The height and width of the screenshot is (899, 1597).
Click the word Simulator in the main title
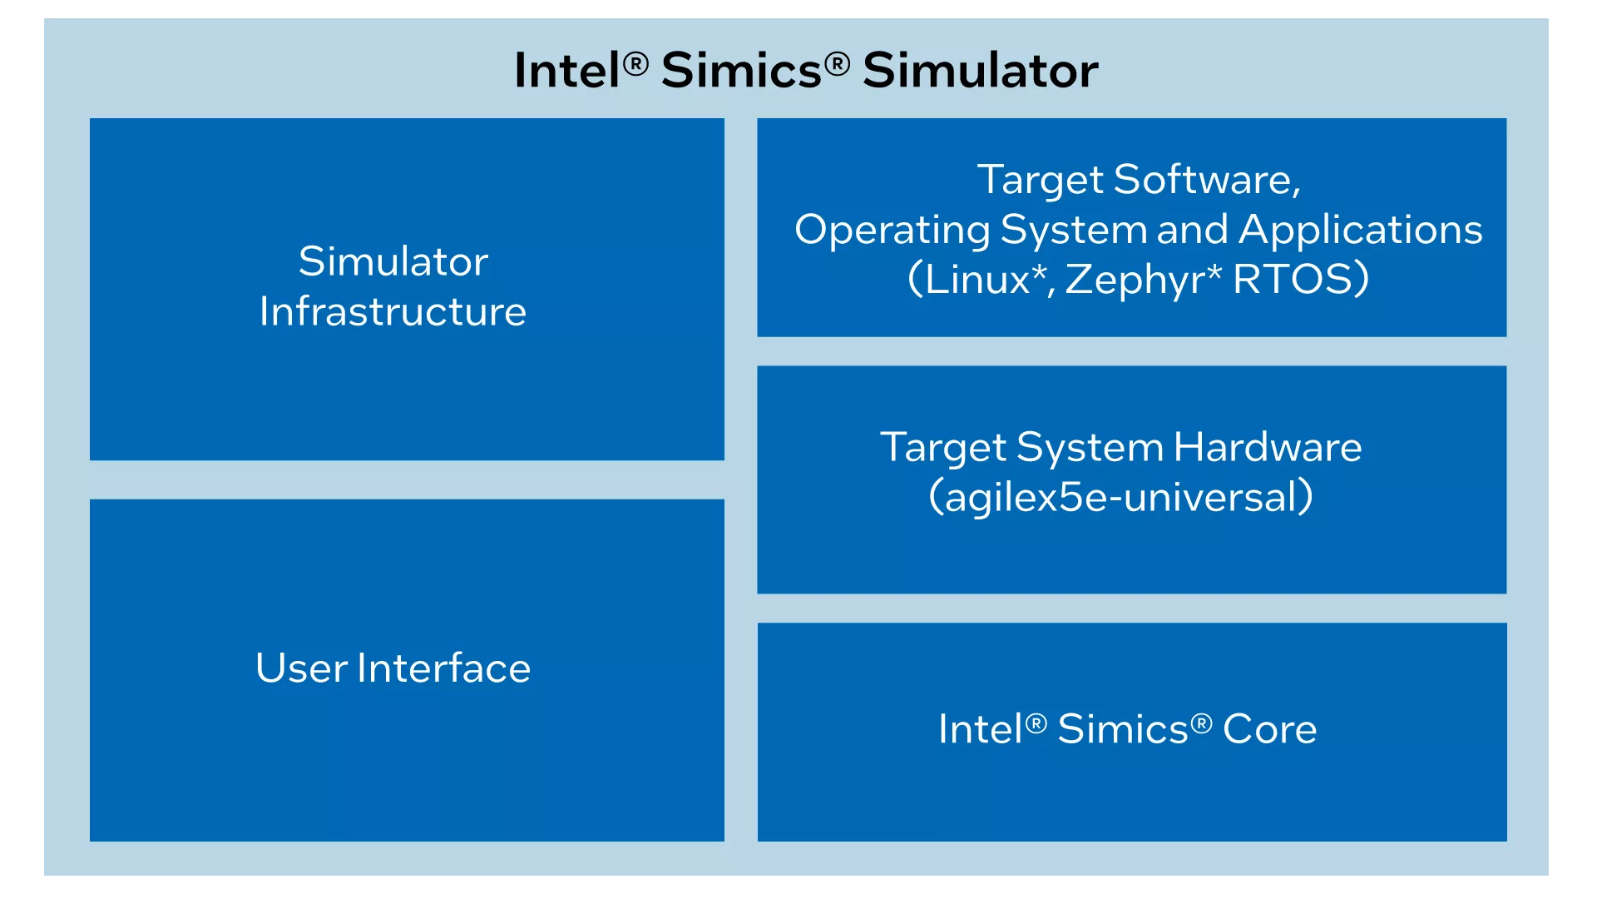[981, 70]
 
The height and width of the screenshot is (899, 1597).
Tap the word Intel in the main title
[567, 70]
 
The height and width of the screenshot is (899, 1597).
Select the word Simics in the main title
[741, 70]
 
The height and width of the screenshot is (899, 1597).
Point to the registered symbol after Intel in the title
[635, 63]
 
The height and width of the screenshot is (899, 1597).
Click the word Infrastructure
[393, 311]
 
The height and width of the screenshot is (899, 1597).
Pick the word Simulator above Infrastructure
[393, 261]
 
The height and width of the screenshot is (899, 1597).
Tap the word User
[302, 668]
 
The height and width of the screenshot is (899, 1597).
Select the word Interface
[444, 668]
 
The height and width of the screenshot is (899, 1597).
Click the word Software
[1207, 180]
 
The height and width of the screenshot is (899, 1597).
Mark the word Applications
[1361, 231]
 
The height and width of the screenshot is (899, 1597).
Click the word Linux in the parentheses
[977, 279]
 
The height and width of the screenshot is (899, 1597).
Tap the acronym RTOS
[1293, 279]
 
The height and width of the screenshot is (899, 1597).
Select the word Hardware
[1268, 447]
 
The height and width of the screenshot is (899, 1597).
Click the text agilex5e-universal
[1121, 498]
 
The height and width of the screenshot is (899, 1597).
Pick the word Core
[1270, 729]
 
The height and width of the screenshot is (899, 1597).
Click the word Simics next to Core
[1123, 729]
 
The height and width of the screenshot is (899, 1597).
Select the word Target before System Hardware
[943, 449]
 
